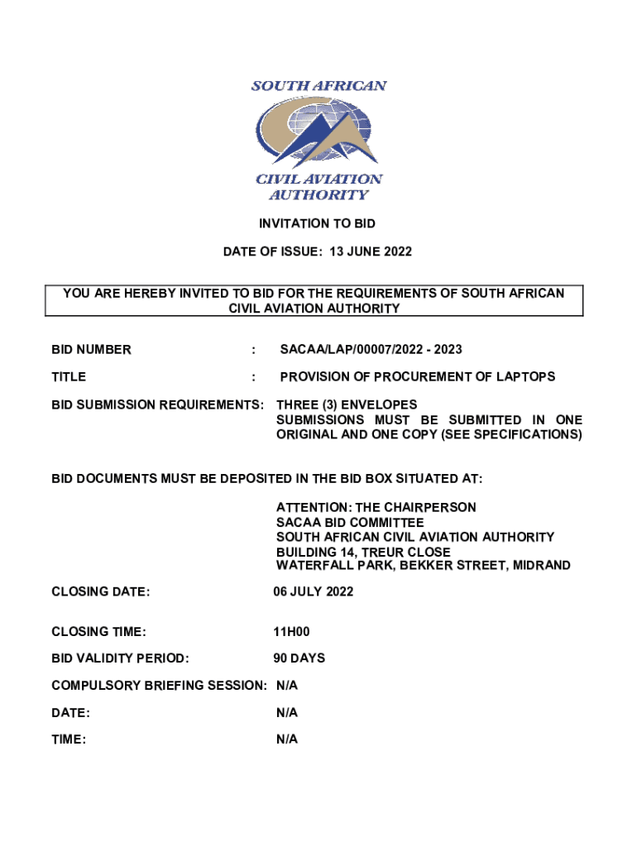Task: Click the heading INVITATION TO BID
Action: coord(318,223)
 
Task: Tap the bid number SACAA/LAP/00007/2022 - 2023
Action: coord(371,350)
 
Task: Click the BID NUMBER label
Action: coord(91,350)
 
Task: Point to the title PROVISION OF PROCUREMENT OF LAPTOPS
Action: coord(417,377)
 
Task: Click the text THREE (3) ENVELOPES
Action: coord(347,405)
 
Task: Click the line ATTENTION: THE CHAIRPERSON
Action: coord(376,507)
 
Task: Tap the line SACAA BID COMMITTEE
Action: coord(350,522)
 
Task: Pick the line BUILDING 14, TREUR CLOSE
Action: coord(363,552)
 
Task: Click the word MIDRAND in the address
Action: coord(541,566)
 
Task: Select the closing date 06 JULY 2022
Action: coord(314,591)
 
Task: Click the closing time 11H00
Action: coord(291,633)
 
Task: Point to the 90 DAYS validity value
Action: coord(299,658)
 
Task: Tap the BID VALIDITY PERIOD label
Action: coord(120,658)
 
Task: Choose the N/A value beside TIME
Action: coord(287,739)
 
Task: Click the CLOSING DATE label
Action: coord(100,591)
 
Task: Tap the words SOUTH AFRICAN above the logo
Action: coord(318,86)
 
